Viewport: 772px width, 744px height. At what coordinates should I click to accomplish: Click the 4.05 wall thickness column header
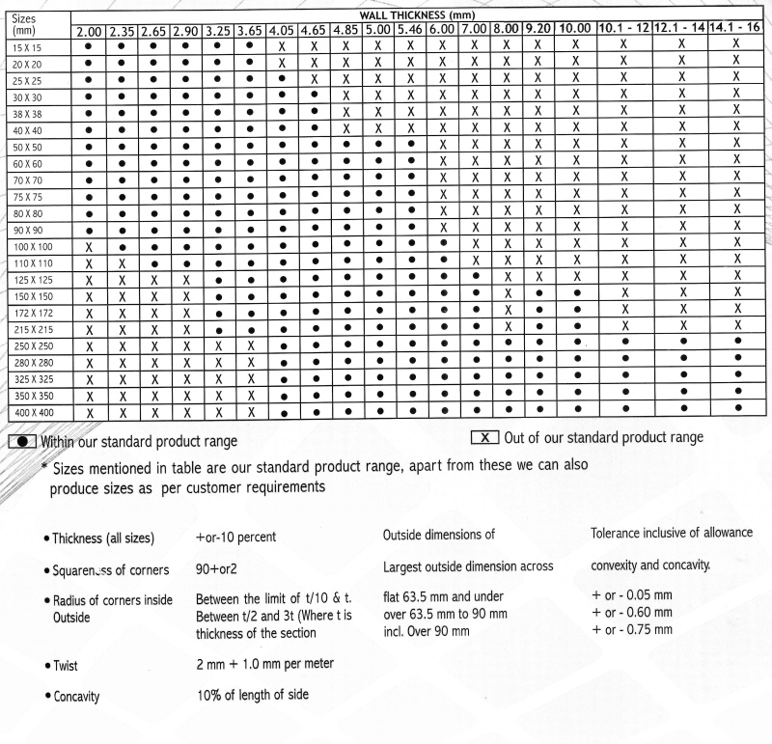pyautogui.click(x=281, y=32)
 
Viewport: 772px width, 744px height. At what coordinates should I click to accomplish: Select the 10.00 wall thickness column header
pyautogui.click(x=574, y=32)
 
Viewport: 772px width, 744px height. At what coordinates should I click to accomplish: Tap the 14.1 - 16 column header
pyautogui.click(x=738, y=32)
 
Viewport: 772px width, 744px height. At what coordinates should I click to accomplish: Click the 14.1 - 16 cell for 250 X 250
pyautogui.click(x=738, y=343)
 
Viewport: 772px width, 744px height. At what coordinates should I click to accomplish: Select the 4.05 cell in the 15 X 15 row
pyautogui.click(x=281, y=46)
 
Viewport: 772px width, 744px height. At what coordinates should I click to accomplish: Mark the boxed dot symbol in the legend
pyautogui.click(x=22, y=441)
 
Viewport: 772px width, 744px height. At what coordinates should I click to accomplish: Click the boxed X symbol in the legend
pyautogui.click(x=485, y=437)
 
